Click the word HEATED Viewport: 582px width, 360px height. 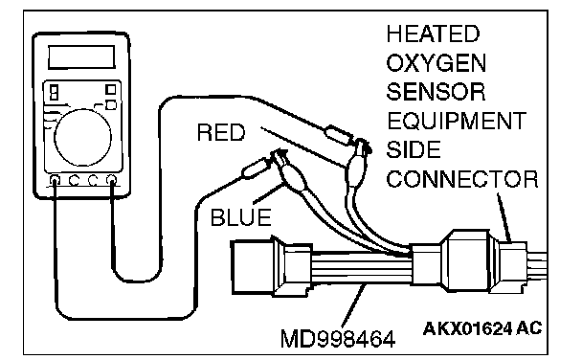(433, 34)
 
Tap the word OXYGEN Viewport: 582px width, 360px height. (436, 63)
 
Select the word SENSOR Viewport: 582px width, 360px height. (436, 92)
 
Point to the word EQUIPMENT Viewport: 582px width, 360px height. (457, 121)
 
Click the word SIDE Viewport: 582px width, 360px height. (414, 149)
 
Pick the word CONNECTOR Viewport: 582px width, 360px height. (462, 179)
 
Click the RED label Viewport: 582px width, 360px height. (221, 132)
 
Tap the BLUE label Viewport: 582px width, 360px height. (240, 217)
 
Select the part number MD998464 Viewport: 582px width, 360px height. (338, 339)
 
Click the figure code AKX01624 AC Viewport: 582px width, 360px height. (482, 328)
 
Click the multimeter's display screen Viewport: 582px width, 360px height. (81, 57)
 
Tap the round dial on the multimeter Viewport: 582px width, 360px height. (82, 137)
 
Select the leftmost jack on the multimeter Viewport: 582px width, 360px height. (55, 181)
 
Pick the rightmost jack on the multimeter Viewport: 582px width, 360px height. (111, 180)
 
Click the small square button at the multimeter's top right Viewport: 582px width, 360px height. (111, 90)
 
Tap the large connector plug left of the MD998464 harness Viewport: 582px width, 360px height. (270, 266)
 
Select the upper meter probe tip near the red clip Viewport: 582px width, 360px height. (340, 136)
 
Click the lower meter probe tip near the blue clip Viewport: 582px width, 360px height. (257, 168)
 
